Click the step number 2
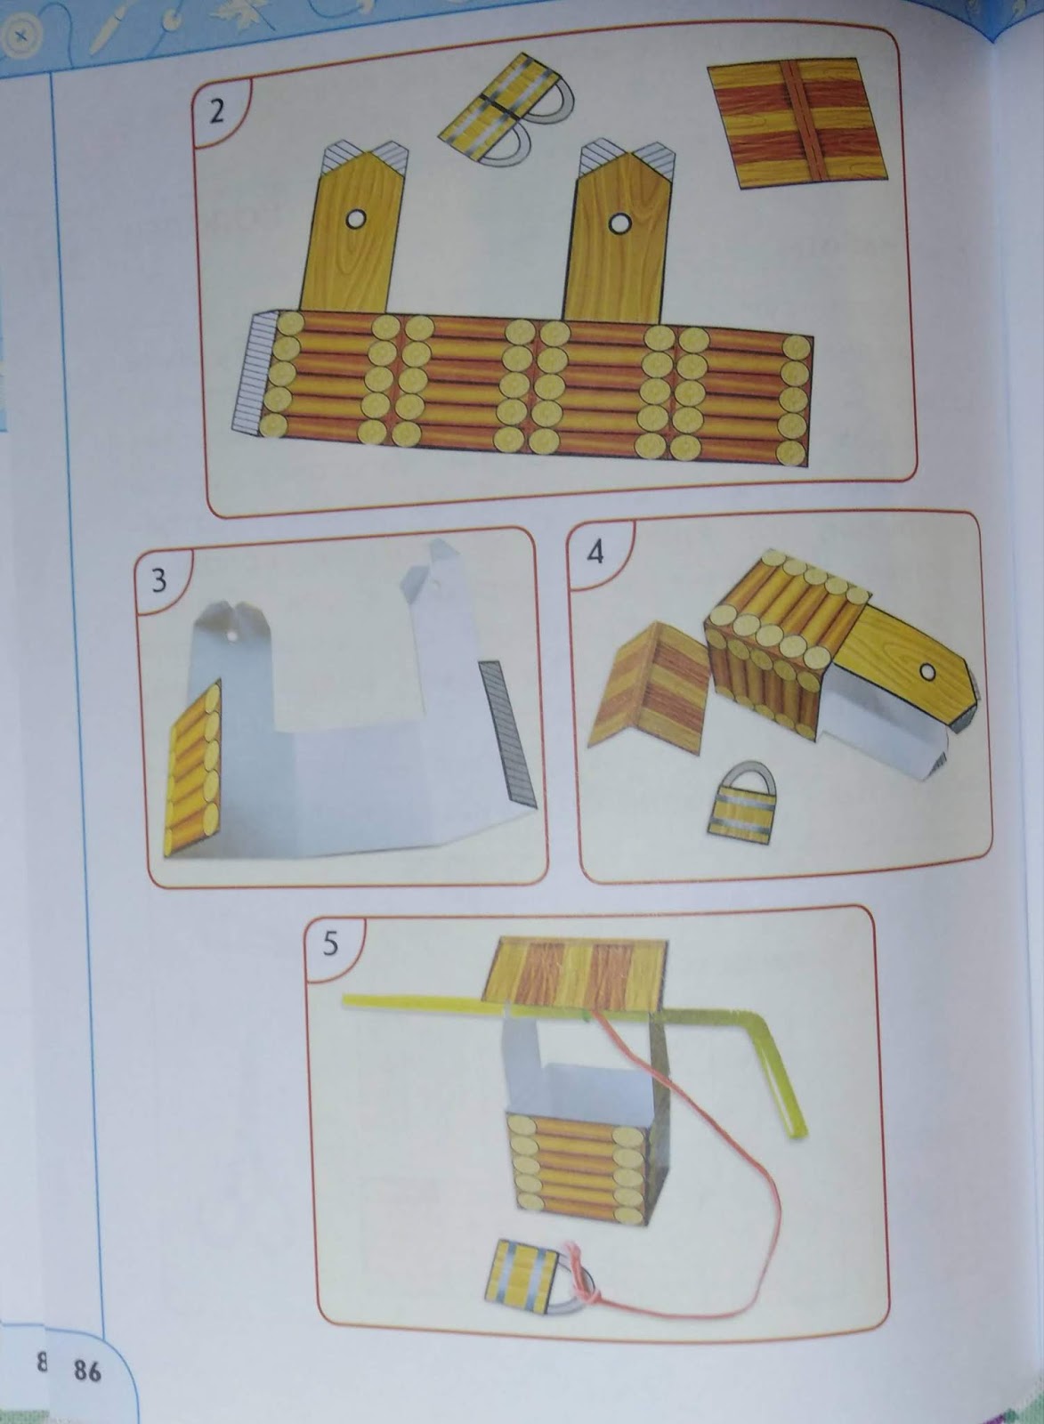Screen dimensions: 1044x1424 click(217, 112)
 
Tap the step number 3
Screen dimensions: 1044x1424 click(159, 580)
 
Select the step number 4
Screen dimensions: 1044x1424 click(595, 553)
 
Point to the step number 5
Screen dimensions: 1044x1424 click(330, 944)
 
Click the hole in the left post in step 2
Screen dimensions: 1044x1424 click(355, 219)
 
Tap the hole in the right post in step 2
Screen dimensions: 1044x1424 click(619, 223)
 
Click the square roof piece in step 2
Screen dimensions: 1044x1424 click(797, 123)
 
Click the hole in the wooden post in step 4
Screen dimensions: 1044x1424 click(928, 671)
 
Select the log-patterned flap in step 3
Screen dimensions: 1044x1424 click(192, 769)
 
